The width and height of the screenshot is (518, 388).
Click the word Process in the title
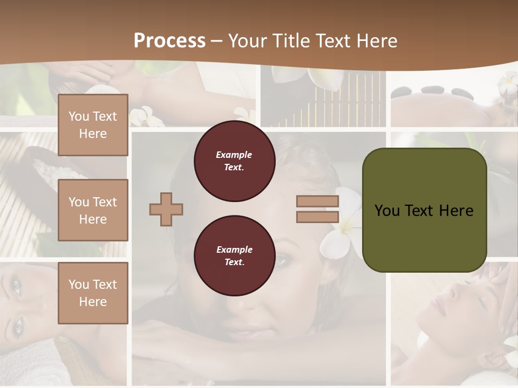pos(169,41)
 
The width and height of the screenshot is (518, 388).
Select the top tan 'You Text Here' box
pos(93,125)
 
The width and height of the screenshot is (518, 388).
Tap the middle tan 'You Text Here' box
pos(93,210)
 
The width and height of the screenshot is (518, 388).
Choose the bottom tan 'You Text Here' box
pos(93,293)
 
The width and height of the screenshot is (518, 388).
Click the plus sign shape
pos(166,209)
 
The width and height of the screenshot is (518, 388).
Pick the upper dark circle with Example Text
pos(234,161)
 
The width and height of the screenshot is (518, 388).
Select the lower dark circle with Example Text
pos(234,255)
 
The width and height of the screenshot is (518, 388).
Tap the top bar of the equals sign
pos(317,202)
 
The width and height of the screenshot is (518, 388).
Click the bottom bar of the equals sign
pos(317,217)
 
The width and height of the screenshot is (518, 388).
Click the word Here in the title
pos(376,41)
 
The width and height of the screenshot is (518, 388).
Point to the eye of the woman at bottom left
pos(18,324)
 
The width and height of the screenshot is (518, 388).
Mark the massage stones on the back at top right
pos(432,92)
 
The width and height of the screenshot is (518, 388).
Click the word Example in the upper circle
pos(234,155)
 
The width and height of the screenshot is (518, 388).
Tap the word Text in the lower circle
pos(234,262)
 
